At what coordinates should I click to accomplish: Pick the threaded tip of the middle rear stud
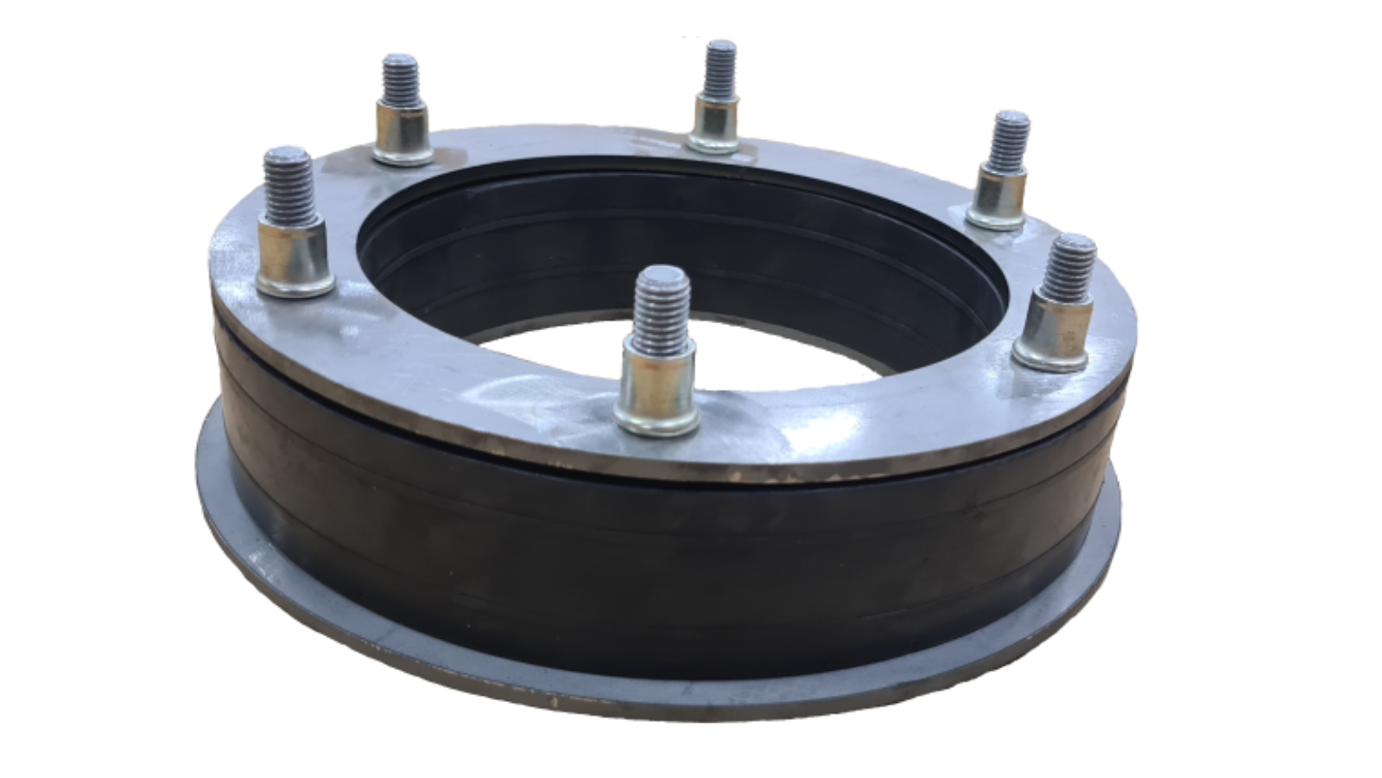(719, 69)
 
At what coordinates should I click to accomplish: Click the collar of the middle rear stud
(715, 125)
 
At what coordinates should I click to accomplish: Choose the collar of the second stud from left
(403, 134)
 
